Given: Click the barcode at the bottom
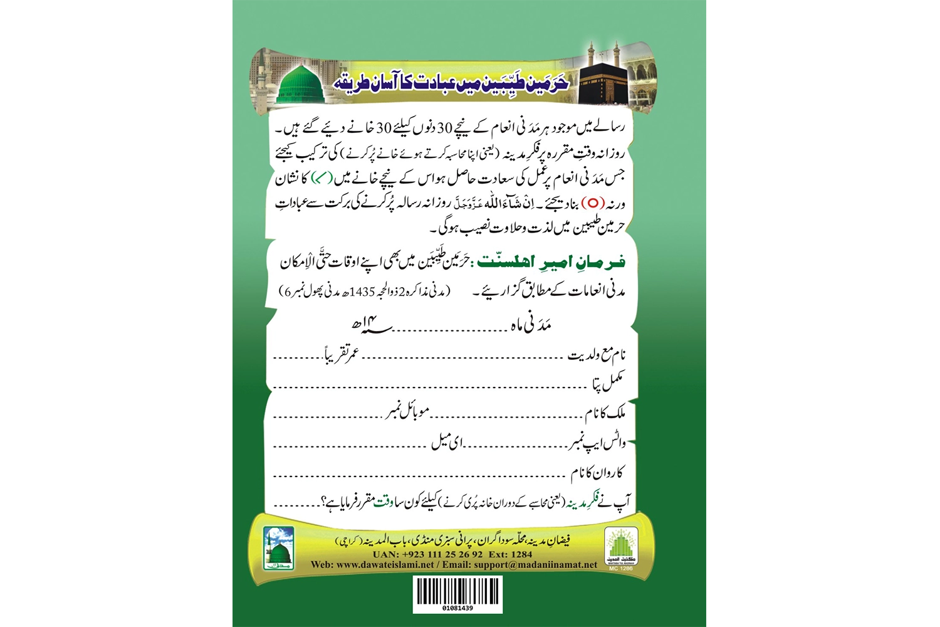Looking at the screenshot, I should [x=457, y=590].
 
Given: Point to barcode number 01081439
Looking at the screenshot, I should [x=457, y=608].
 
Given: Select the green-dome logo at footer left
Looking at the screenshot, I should [x=277, y=547].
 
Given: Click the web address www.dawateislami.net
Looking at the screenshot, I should [x=385, y=564].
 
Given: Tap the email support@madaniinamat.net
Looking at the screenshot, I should [x=535, y=564].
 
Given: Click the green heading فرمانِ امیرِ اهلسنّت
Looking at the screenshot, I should [x=552, y=261].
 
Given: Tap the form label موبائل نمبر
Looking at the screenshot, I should [x=407, y=412].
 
